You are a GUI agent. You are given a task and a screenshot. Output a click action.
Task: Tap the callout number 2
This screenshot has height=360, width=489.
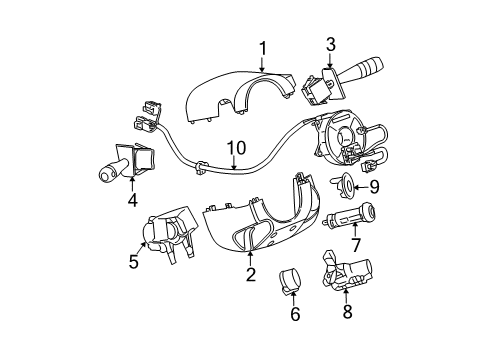[251, 274]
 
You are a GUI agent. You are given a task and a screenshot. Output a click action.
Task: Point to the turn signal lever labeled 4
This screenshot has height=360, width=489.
[120, 166]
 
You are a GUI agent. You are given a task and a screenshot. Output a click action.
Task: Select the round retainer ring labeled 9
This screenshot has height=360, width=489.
[341, 183]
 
